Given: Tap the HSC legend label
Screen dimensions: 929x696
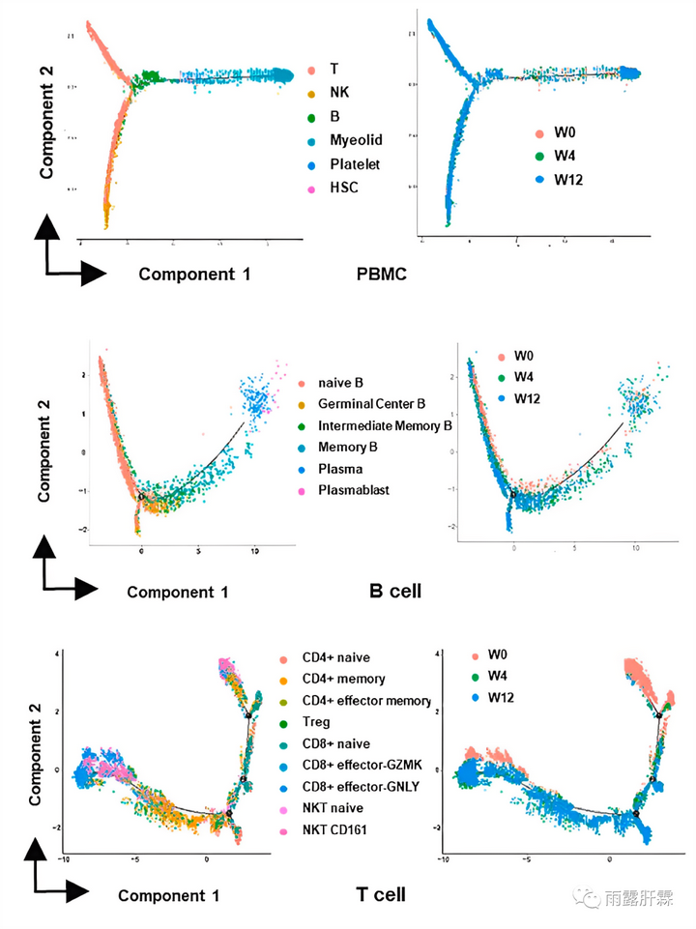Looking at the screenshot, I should tap(342, 187).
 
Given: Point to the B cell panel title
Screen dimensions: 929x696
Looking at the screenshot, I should tap(395, 590).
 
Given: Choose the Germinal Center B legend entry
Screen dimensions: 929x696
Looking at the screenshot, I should tap(371, 403).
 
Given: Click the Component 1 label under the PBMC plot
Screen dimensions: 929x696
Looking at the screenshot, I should tap(194, 274).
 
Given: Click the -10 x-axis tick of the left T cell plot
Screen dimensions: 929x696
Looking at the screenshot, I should tap(65, 857).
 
